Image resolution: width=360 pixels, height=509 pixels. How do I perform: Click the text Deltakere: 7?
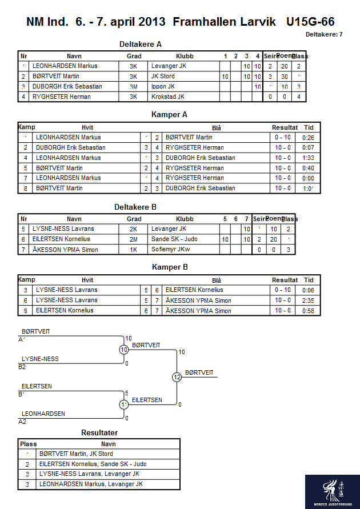click(324, 35)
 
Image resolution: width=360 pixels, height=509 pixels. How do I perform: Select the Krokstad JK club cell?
click(168, 97)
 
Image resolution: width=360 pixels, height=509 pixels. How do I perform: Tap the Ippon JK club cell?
click(163, 87)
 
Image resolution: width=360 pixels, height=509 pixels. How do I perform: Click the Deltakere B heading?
click(135, 207)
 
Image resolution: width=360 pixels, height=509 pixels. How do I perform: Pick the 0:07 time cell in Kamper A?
click(309, 147)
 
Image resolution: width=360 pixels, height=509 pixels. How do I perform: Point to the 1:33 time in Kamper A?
click(309, 158)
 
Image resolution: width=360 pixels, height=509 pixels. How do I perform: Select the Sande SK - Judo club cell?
click(174, 239)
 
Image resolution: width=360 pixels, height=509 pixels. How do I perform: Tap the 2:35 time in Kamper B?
click(309, 300)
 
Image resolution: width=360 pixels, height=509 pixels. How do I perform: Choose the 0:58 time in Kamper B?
click(309, 311)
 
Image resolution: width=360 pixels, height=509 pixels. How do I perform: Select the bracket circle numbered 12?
click(177, 377)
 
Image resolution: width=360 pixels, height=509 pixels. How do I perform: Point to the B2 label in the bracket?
click(22, 367)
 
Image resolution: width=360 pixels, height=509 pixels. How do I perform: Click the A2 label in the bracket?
click(22, 422)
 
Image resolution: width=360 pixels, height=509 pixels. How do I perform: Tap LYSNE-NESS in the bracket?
click(40, 359)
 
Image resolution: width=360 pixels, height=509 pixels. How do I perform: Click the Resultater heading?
click(99, 432)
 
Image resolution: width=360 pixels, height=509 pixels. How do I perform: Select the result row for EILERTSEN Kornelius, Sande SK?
click(93, 464)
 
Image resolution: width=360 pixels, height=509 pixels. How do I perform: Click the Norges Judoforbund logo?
click(332, 491)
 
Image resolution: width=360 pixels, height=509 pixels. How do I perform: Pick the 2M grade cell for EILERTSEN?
click(134, 239)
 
